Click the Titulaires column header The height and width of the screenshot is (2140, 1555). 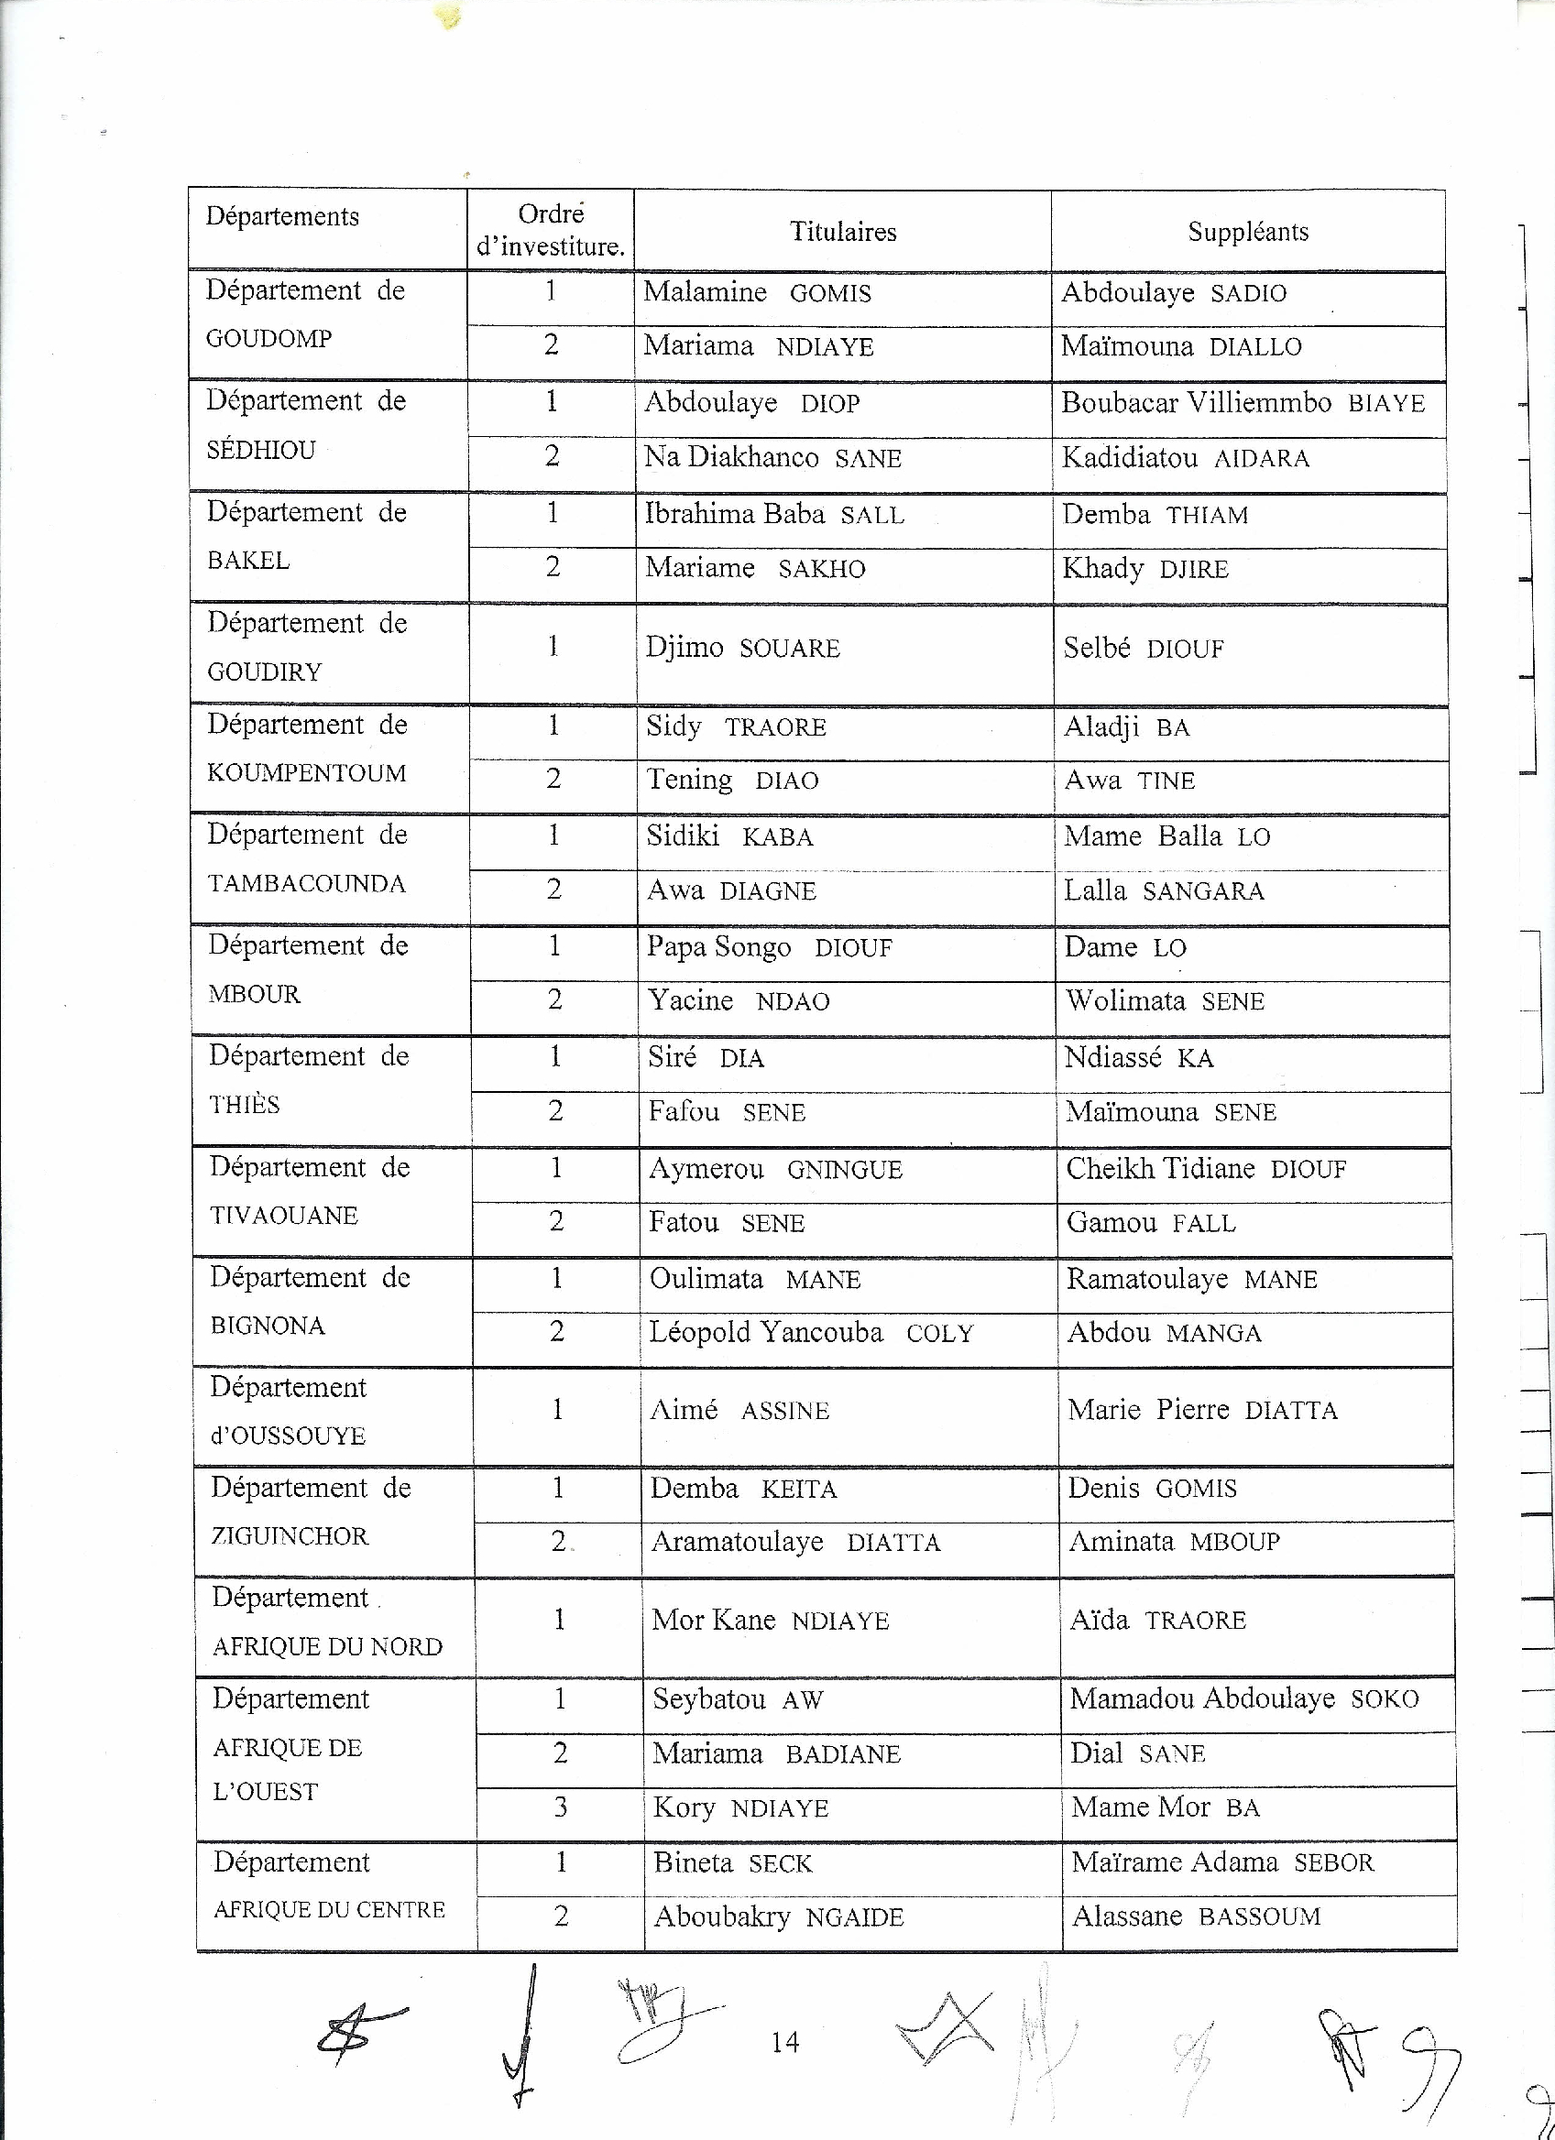(843, 231)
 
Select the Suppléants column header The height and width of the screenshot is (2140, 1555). (1247, 231)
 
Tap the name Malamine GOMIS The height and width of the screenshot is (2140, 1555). (757, 292)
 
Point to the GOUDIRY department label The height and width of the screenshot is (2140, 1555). (264, 671)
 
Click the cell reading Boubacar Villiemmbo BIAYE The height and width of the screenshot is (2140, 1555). (1243, 403)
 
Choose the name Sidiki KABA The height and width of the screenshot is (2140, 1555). (729, 836)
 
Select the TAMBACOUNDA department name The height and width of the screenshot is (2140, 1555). (307, 884)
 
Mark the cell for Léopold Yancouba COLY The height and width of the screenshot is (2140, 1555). (811, 1332)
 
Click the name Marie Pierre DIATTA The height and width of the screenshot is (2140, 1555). (1202, 1410)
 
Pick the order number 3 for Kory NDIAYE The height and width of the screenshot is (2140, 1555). (561, 1807)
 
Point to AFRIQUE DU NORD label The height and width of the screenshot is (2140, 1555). (327, 1646)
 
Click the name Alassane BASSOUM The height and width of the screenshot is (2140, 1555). (1196, 1916)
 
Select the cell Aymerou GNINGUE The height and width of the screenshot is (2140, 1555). (774, 1169)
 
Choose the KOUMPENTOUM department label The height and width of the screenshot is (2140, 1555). (307, 773)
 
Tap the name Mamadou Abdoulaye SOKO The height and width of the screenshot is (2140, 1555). (1243, 1699)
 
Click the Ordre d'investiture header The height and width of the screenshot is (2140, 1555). (551, 231)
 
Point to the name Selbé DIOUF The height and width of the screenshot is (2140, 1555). (1144, 649)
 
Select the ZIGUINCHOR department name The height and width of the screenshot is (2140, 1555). (289, 1536)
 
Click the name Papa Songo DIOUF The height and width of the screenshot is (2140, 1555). (769, 947)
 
